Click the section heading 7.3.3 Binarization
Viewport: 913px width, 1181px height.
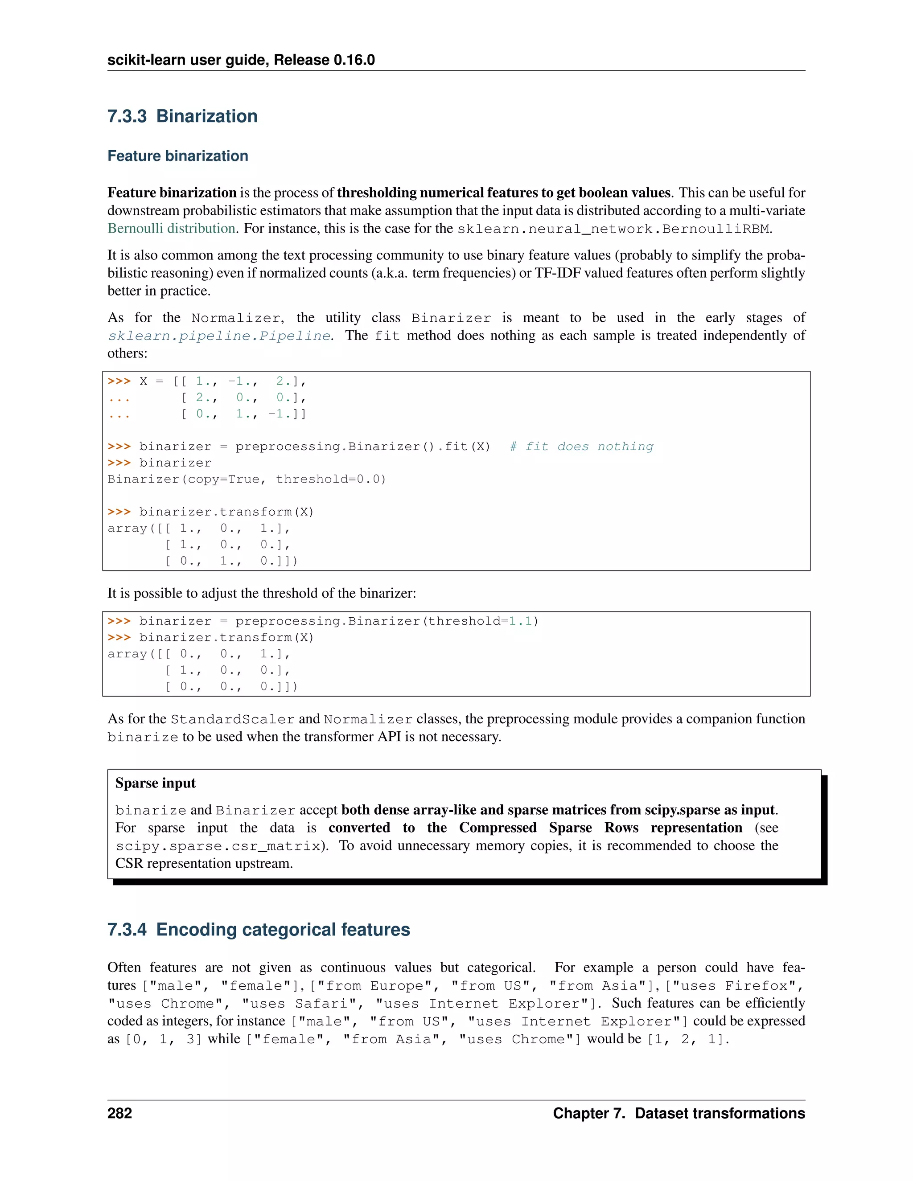coord(182,116)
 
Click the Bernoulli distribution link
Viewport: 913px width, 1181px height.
coord(171,228)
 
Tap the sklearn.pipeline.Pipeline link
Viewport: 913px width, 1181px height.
coord(219,336)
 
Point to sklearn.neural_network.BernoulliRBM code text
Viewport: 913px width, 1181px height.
coord(613,229)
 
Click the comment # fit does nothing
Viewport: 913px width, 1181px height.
coord(581,447)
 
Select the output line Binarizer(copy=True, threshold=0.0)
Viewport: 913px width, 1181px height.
coord(247,479)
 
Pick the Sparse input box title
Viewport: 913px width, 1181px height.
coord(155,783)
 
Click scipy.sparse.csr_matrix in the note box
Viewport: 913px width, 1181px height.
coord(218,846)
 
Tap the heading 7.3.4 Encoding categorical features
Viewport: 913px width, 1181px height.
coord(259,930)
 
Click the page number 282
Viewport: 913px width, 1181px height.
coord(119,1113)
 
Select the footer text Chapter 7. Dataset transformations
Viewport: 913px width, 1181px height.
coord(679,1113)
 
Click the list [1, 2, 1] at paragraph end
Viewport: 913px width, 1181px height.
coord(687,1039)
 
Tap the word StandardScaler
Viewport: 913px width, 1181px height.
coord(233,720)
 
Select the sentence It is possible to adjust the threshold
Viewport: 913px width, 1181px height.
coord(262,593)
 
